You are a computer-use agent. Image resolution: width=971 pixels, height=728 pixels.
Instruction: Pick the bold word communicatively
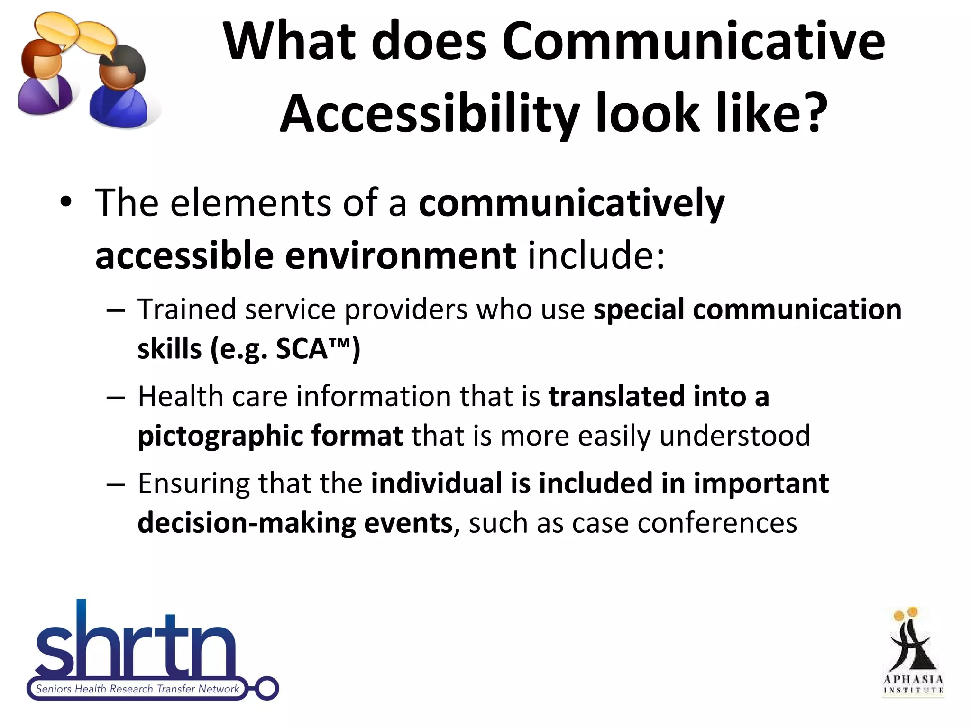click(x=571, y=203)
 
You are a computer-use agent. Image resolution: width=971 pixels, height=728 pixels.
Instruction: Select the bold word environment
click(x=400, y=256)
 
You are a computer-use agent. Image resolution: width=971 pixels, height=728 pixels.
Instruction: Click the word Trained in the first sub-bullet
click(x=187, y=309)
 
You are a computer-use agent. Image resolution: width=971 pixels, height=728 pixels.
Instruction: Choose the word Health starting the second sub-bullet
click(x=181, y=396)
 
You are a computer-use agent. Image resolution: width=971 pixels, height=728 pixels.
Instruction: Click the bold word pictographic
click(x=220, y=436)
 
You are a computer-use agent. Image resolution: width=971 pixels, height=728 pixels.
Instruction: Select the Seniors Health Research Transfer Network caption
click(x=137, y=689)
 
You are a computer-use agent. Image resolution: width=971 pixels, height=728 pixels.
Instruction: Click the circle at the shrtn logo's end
click(x=267, y=688)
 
